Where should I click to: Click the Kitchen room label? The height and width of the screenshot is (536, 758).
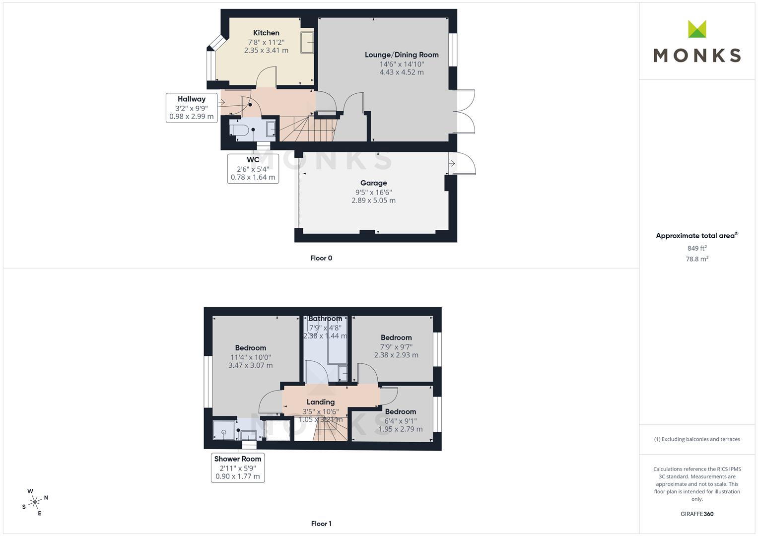[266, 33]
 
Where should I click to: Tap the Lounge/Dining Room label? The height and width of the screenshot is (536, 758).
[401, 55]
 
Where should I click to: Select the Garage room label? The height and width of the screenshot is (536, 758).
[374, 183]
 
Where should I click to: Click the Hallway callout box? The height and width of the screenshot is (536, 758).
[192, 108]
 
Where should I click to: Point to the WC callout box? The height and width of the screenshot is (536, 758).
[253, 169]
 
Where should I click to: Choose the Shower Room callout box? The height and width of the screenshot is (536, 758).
[238, 468]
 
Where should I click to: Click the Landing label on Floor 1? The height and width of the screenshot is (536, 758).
[321, 402]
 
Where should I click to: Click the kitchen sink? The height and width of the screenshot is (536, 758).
[307, 42]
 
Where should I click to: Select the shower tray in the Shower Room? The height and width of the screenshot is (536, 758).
[224, 430]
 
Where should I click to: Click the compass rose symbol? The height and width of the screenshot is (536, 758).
[35, 502]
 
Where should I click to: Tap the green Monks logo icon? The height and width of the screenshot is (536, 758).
[697, 29]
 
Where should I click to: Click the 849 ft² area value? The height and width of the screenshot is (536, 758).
[697, 248]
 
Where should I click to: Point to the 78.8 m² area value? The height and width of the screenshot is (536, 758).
[697, 259]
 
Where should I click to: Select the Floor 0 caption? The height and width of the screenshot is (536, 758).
[321, 258]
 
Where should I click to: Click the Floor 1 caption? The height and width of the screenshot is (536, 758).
[321, 524]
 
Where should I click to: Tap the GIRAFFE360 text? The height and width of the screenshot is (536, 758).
[697, 514]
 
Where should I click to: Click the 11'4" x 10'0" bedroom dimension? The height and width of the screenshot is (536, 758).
[250, 357]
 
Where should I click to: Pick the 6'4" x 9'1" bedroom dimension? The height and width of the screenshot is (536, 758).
[400, 421]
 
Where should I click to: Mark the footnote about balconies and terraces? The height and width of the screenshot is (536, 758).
[697, 439]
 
